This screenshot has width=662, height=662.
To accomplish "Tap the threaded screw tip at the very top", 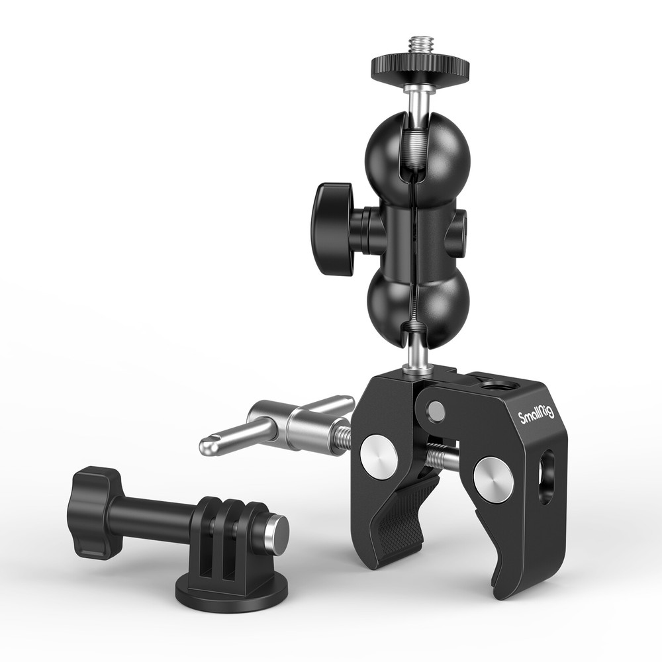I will [x=419, y=47].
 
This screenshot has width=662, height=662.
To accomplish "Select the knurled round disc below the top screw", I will [x=420, y=67].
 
